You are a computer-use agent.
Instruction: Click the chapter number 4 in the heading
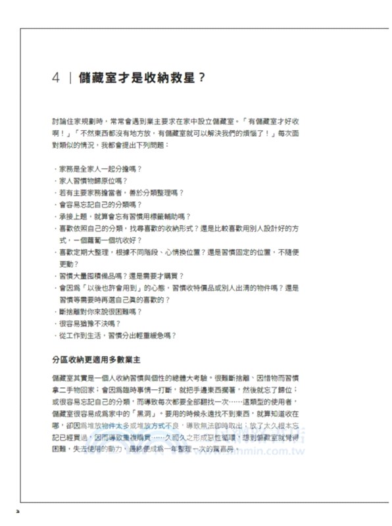(57, 77)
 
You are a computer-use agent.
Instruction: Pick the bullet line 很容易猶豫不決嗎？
(89, 323)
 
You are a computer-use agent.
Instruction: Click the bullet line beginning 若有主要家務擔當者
(121, 193)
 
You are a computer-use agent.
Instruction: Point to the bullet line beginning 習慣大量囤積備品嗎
(121, 275)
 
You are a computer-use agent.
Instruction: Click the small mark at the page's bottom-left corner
(19, 509)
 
